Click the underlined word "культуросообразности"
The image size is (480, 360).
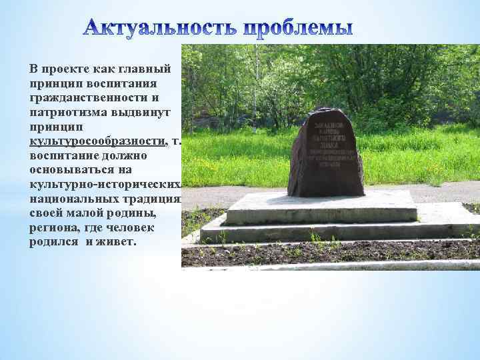(x=97, y=141)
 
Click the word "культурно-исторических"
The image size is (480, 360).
(x=103, y=184)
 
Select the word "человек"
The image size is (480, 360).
(x=140, y=227)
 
